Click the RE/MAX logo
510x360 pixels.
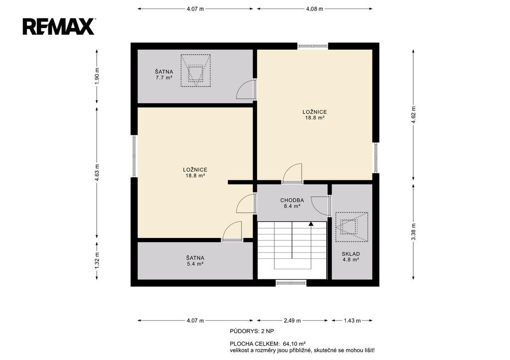click(59, 26)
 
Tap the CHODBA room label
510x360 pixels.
click(292, 200)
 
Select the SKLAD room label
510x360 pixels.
click(351, 254)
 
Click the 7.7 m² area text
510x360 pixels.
click(164, 78)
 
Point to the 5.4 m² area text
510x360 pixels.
click(195, 264)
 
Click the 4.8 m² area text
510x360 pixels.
click(351, 260)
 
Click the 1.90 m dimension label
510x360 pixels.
click(97, 76)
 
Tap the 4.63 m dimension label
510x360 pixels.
click(97, 172)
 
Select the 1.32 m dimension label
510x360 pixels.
click(97, 260)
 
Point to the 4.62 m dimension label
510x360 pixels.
click(413, 115)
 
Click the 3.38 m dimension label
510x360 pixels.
click(413, 232)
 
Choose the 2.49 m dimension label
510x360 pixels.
click(292, 321)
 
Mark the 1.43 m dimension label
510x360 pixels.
click(352, 321)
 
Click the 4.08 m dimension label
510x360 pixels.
click(315, 9)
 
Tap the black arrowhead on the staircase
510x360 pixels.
click(311, 224)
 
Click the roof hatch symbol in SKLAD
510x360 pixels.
click(352, 227)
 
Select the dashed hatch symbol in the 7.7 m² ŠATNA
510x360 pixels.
click(195, 70)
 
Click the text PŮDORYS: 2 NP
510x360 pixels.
click(252, 332)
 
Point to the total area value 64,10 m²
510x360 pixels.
click(294, 344)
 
